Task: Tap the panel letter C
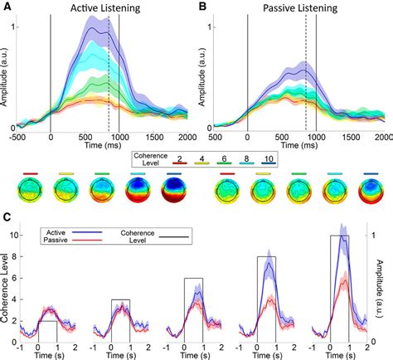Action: coord(7,219)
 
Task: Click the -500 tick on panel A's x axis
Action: coord(17,137)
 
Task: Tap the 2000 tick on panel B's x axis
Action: coord(382,137)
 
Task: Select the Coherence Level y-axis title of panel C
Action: coord(7,290)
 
